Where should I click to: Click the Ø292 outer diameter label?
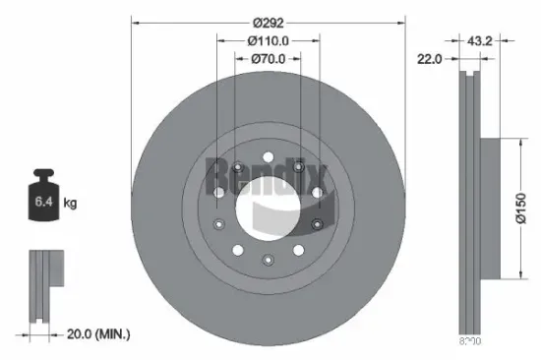pos(268,23)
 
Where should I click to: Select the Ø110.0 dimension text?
pos(268,41)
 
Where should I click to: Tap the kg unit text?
pos(71,204)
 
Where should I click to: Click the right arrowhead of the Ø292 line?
pos(403,23)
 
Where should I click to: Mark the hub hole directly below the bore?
pos(268,261)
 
